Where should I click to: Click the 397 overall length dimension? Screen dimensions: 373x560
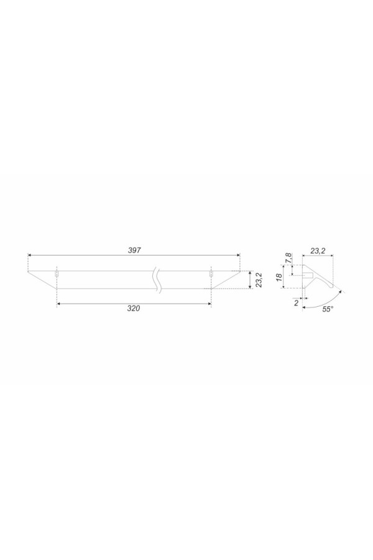pyautogui.click(x=134, y=250)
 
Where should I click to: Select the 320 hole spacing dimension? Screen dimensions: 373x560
pyautogui.click(x=134, y=309)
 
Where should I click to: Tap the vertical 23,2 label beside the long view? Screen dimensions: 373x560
pyautogui.click(x=259, y=280)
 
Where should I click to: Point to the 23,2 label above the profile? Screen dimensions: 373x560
pyautogui.click(x=317, y=251)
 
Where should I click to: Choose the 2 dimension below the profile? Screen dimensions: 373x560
pyautogui.click(x=297, y=303)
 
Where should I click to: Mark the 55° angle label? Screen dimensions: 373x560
pyautogui.click(x=328, y=309)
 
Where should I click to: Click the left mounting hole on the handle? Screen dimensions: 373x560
pyautogui.click(x=57, y=274)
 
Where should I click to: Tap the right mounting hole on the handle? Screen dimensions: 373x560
pyautogui.click(x=211, y=274)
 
